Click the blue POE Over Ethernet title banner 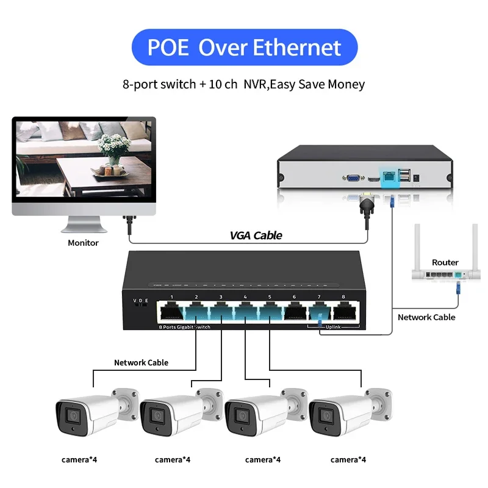(244, 48)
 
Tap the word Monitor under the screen (83, 243)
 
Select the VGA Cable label (256, 235)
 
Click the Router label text (445, 262)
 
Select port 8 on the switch (343, 312)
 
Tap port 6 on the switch (295, 312)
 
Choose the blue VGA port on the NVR (352, 177)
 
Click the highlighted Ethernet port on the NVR (388, 177)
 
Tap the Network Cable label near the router (426, 317)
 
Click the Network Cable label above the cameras (141, 362)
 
